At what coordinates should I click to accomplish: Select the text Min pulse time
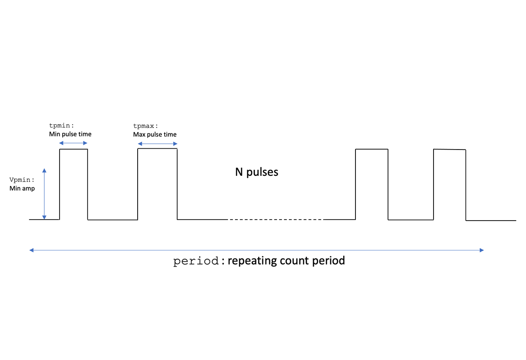(x=70, y=134)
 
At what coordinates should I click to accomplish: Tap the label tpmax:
(x=146, y=126)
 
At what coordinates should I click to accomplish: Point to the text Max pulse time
(x=155, y=134)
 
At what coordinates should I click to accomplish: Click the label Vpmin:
(x=21, y=180)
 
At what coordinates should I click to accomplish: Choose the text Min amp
(x=21, y=188)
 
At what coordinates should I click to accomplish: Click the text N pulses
(x=256, y=172)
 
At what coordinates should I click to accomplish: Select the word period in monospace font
(x=195, y=261)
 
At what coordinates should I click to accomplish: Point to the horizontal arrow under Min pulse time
(x=74, y=143)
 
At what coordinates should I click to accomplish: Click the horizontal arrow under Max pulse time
(x=157, y=143)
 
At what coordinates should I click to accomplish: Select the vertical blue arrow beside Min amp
(x=44, y=193)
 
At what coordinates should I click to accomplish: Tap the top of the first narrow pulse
(x=74, y=150)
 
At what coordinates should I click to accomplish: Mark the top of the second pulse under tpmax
(x=157, y=149)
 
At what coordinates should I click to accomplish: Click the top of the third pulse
(x=371, y=150)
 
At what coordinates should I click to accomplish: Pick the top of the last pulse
(x=449, y=150)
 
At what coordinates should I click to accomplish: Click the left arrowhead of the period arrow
(x=31, y=250)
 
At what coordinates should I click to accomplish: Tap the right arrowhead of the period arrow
(x=482, y=250)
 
